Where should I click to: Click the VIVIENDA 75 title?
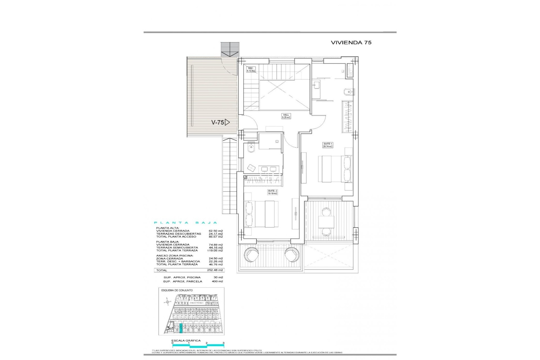coord(351,42)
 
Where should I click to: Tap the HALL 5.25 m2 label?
coord(286,116)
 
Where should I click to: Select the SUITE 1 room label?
coord(328,145)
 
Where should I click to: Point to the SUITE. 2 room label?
coord(273,192)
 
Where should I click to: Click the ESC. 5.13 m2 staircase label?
coord(251,69)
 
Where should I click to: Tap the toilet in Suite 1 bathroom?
coord(346,92)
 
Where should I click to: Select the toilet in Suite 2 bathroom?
coord(251,148)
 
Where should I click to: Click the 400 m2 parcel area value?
coord(217,281)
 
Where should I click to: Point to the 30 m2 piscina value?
coord(218,277)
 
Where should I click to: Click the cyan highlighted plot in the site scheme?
coord(181,328)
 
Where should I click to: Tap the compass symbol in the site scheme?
coord(168,302)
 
